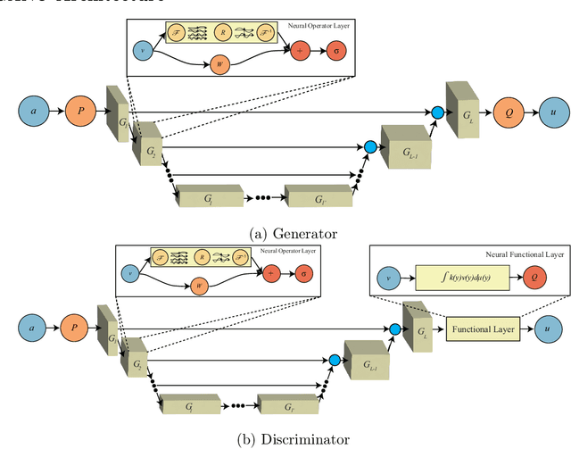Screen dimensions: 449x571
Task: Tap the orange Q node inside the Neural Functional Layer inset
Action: click(x=534, y=279)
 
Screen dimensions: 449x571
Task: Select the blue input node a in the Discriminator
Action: click(x=31, y=329)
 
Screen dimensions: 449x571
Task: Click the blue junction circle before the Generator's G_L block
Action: click(x=437, y=112)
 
